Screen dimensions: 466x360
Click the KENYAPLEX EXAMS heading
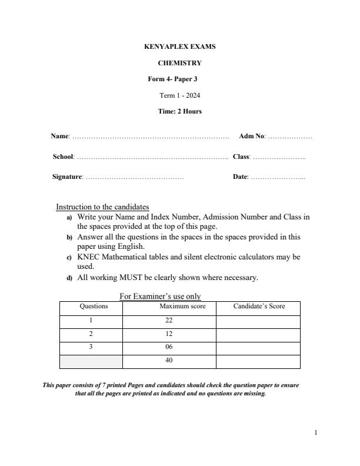pyautogui.click(x=179, y=46)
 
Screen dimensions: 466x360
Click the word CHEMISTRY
pyautogui.click(x=179, y=63)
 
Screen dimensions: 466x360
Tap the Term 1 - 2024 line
pyautogui.click(x=179, y=95)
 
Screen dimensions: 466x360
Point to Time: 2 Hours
pyautogui.click(x=179, y=111)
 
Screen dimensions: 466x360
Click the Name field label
pyautogui.click(x=60, y=137)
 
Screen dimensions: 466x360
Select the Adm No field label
pyautogui.click(x=252, y=137)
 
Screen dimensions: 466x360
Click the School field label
pyautogui.click(x=63, y=157)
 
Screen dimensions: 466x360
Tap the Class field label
pyautogui.click(x=242, y=157)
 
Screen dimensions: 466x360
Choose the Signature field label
pyautogui.click(x=67, y=177)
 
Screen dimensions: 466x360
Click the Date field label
pyautogui.click(x=240, y=177)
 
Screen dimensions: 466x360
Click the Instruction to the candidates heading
pyautogui.click(x=102, y=207)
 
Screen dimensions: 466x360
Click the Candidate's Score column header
pyautogui.click(x=259, y=307)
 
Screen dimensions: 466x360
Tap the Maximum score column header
pyautogui.click(x=182, y=307)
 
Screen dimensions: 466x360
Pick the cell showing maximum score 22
pyautogui.click(x=169, y=321)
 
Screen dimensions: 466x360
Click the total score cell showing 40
pyautogui.click(x=169, y=361)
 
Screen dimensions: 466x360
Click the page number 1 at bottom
pyautogui.click(x=316, y=433)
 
